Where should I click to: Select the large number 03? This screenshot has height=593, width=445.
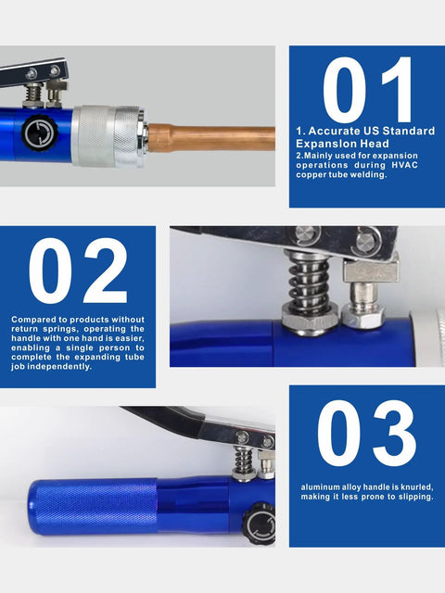(366, 435)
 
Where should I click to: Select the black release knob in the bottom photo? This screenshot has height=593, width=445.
(261, 524)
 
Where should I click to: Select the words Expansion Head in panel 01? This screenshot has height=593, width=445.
(338, 144)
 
